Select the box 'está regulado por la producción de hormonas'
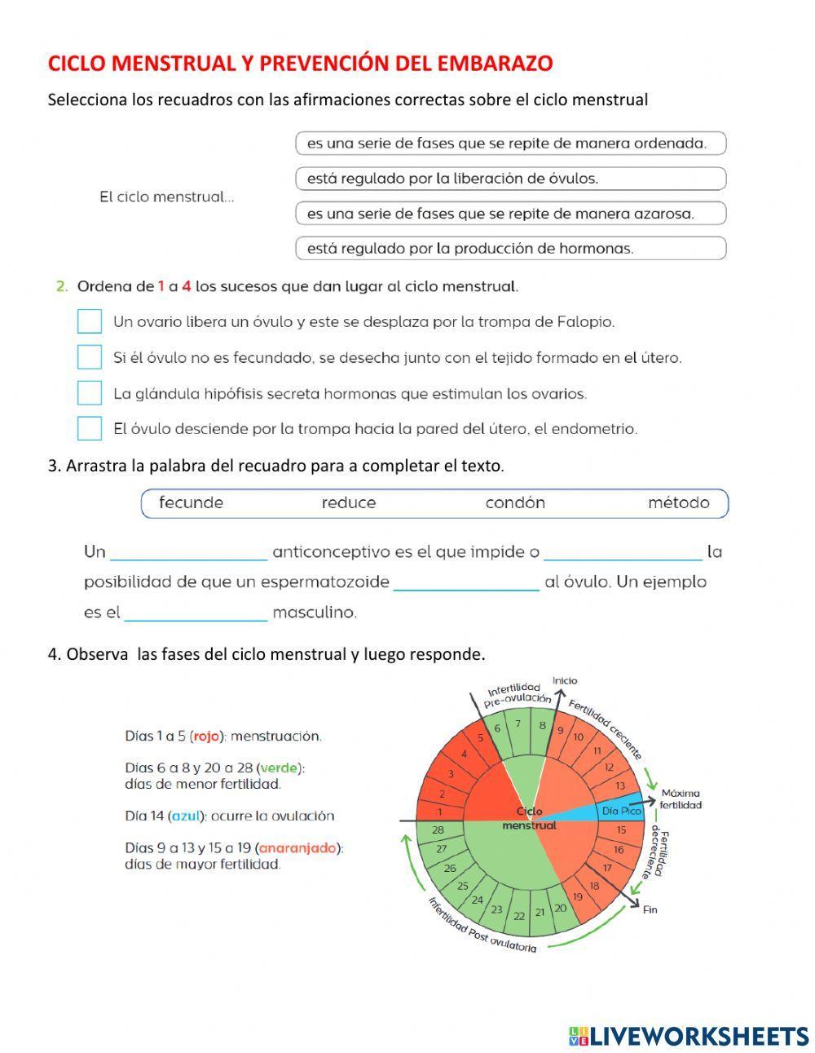tap(510, 249)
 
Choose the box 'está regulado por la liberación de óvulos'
tap(510, 179)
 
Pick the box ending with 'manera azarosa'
tap(510, 214)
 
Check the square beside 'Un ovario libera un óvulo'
tap(90, 321)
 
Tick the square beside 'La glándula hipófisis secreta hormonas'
tap(90, 393)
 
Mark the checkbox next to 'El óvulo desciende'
tap(90, 428)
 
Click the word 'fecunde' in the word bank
tap(191, 503)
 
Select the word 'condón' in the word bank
tap(515, 503)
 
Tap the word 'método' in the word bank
tap(678, 503)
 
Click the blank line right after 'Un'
tap(188, 553)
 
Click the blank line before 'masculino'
tap(196, 613)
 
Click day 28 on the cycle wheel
tap(438, 830)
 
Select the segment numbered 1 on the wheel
tap(440, 812)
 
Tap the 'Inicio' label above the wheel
tap(565, 680)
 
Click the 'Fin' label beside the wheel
tap(650, 909)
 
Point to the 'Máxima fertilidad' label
tap(681, 799)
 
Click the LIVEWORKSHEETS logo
tap(689, 1036)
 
